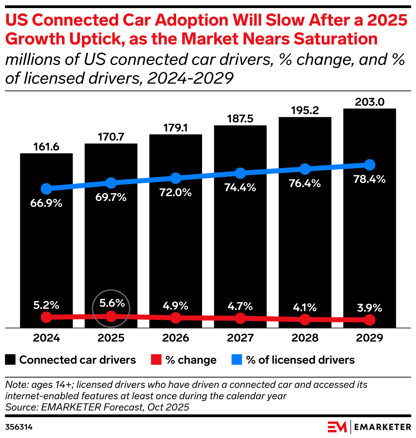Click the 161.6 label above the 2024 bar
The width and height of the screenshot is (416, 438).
[x=46, y=147]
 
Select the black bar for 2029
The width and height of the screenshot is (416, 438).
[x=369, y=238]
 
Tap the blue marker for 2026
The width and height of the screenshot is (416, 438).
[x=176, y=178]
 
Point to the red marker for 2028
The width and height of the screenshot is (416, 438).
[x=305, y=319]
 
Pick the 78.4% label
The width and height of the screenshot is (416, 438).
[x=369, y=179]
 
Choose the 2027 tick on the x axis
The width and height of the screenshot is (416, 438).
[x=240, y=338]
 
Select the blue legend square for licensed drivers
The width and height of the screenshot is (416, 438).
[x=237, y=360]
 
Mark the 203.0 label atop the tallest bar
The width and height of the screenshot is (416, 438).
[x=369, y=102]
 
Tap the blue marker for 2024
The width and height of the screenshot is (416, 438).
[x=46, y=189]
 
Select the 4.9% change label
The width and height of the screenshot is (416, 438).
[x=176, y=306]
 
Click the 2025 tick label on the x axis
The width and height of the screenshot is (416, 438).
[x=111, y=338]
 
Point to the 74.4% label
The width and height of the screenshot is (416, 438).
[x=240, y=188]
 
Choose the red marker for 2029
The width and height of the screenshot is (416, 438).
[x=369, y=320]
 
